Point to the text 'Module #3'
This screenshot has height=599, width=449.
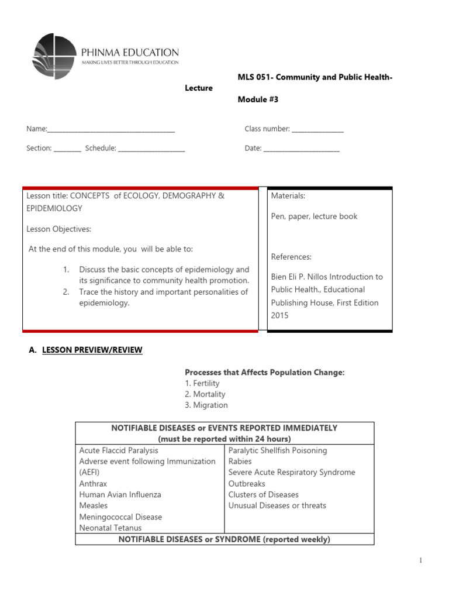coord(258,99)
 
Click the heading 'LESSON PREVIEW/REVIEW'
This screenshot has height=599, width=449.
coord(92,350)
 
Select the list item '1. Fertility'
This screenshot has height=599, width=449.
coord(202,383)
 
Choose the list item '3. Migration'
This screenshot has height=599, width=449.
coord(206,405)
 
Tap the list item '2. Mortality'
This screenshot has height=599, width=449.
coord(205,394)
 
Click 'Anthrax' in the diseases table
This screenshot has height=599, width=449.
coord(94,484)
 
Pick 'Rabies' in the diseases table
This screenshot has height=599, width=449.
coord(240,462)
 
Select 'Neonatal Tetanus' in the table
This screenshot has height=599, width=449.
coord(110,528)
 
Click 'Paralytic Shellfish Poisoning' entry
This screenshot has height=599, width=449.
coord(278,450)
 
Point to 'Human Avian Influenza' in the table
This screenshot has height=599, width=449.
coord(120,494)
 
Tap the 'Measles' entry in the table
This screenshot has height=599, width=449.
coord(94,505)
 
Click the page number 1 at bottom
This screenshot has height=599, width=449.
coord(420,560)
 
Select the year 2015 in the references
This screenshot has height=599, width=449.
coord(279,315)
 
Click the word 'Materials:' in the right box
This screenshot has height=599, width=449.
coord(288,196)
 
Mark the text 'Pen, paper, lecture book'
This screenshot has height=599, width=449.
coord(314,216)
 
